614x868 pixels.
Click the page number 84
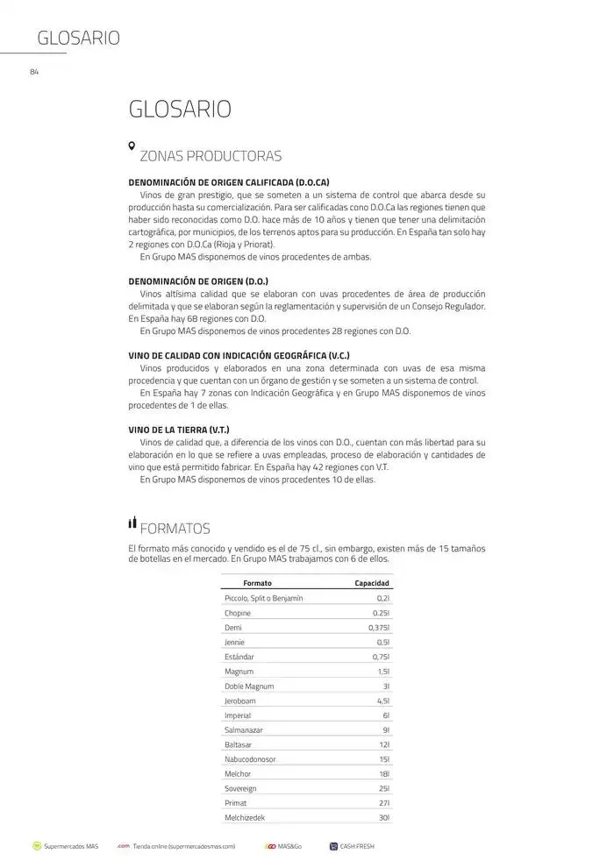click(34, 71)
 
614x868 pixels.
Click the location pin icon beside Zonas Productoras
click(132, 146)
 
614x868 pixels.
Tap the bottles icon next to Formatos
click(132, 523)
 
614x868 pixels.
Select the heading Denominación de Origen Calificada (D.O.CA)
click(229, 182)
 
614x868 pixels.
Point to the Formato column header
click(257, 583)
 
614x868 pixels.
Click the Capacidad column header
click(372, 583)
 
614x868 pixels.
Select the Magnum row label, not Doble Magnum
click(239, 672)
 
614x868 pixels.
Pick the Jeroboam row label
click(241, 701)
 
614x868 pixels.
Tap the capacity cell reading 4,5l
click(382, 701)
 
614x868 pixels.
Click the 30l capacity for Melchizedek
click(384, 818)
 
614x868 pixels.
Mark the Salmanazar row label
click(244, 730)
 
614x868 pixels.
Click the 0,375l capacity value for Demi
click(379, 628)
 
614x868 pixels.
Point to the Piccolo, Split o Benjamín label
click(264, 598)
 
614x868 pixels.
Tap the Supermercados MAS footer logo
click(37, 847)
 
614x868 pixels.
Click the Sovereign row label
click(240, 789)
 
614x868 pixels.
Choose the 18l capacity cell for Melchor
click(384, 774)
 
